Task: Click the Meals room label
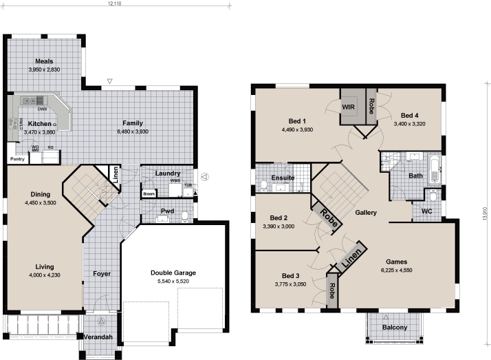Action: pos(45,61)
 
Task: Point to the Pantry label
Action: pos(17,159)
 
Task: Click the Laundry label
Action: pos(168,174)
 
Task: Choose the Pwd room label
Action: pos(167,211)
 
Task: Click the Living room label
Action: pos(45,266)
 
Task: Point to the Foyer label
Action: pos(102,274)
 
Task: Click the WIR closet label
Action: pos(348,107)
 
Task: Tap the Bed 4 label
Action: pos(410,115)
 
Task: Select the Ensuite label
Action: pos(283,178)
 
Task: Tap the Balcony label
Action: pos(395,327)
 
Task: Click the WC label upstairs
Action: pos(426,211)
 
